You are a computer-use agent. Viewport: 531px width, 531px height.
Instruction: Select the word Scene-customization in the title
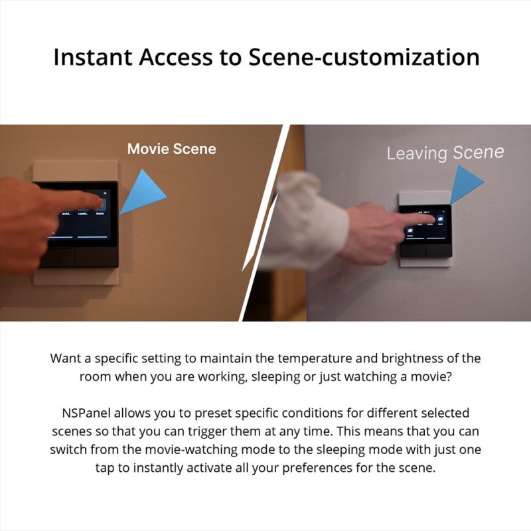pyautogui.click(x=364, y=57)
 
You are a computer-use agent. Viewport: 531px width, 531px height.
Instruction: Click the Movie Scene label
pyautogui.click(x=171, y=149)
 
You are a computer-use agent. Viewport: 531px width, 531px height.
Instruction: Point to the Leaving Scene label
pyautogui.click(x=445, y=153)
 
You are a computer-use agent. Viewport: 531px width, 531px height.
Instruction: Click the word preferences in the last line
pyautogui.click(x=339, y=467)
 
